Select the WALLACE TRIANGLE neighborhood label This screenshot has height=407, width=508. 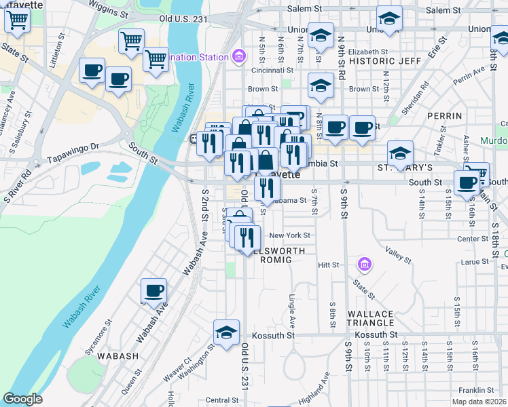(370, 318)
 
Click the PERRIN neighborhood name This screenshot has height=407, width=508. (445, 117)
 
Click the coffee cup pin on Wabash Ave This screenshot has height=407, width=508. (153, 291)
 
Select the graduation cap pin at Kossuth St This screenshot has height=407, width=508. (227, 332)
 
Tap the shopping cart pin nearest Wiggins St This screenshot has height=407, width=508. (131, 40)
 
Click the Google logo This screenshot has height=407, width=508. (22, 399)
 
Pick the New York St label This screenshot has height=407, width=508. (289, 236)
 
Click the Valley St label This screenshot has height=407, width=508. (399, 255)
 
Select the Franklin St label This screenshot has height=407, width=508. (475, 390)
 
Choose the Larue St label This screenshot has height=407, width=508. (475, 261)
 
